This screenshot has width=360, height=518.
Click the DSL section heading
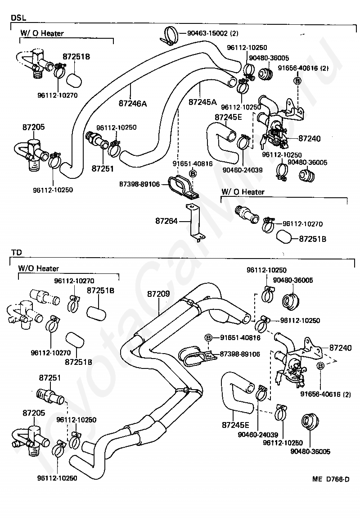18,17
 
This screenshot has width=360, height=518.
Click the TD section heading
16,253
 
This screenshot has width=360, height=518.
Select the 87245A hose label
202,102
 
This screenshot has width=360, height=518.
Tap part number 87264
167,221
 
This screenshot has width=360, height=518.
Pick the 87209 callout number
158,294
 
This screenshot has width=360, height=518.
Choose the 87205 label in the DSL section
33,127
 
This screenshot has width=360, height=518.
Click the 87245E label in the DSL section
228,118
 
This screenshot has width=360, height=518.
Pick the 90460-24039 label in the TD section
257,435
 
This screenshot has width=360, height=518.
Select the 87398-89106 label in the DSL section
139,184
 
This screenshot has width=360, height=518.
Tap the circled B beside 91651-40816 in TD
209,338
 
